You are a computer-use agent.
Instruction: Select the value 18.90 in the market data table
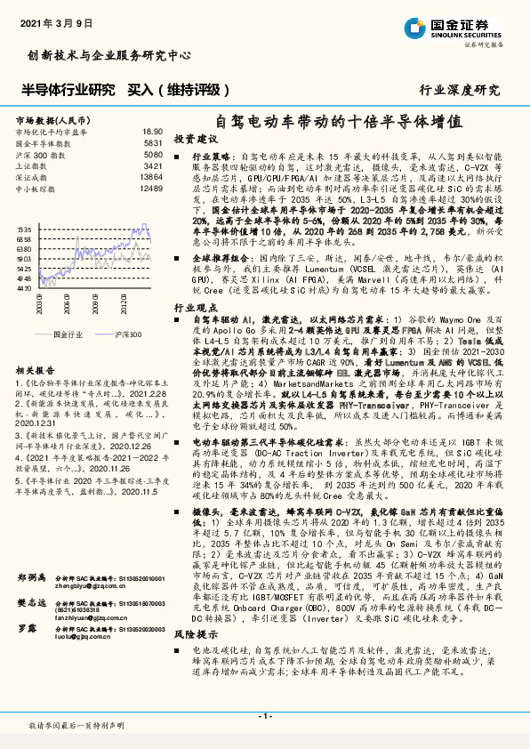coord(153,131)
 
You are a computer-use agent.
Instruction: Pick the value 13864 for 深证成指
coord(151,177)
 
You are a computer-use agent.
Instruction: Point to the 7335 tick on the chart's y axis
coord(24,229)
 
